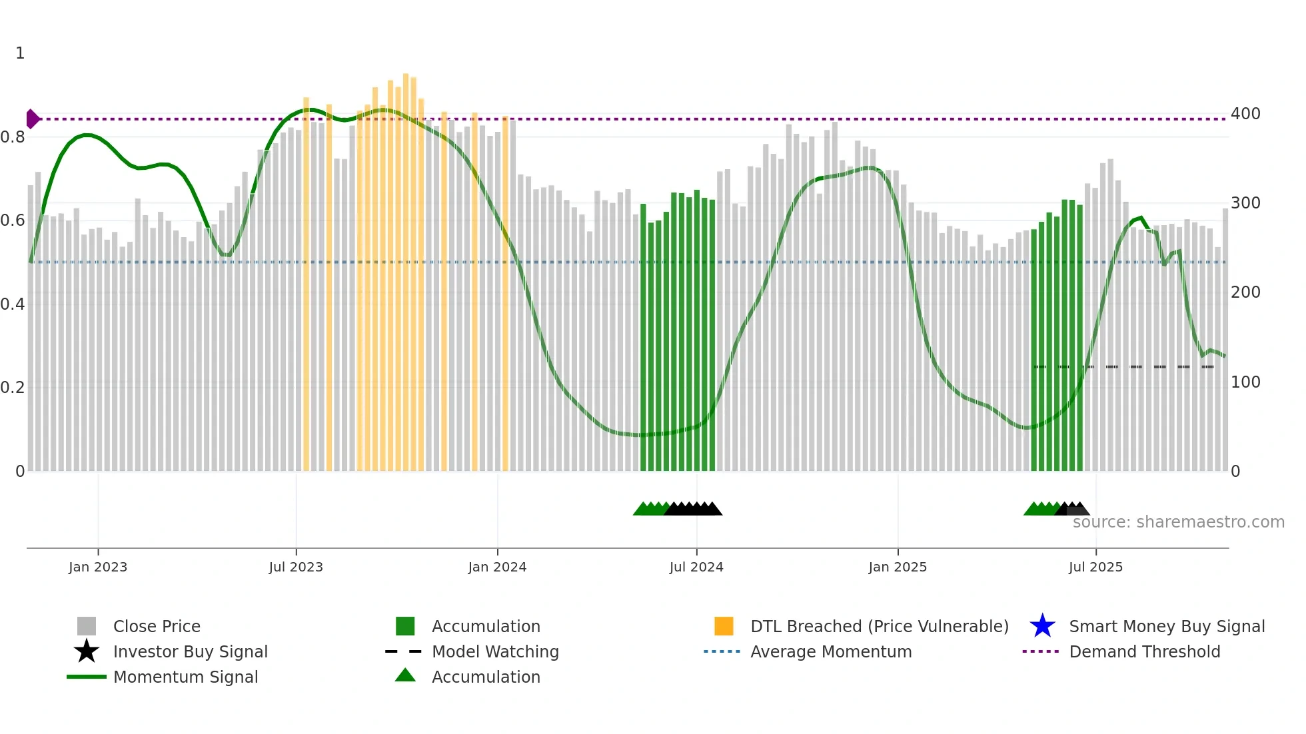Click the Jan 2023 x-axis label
(x=98, y=567)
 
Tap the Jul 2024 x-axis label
(x=696, y=567)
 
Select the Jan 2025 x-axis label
(x=898, y=567)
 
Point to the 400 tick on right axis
(x=1245, y=113)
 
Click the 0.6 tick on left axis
(x=13, y=220)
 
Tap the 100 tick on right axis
(x=1245, y=382)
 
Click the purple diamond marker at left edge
(x=32, y=119)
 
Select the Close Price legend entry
(x=157, y=626)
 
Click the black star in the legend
(x=87, y=651)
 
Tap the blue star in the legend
(x=1042, y=626)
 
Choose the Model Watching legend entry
(x=495, y=651)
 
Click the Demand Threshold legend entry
(x=1144, y=651)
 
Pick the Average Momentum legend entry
(x=831, y=651)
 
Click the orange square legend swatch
(x=724, y=626)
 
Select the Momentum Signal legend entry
(x=185, y=677)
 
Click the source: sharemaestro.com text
(x=1178, y=522)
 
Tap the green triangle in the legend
(x=405, y=676)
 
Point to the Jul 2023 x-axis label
(x=296, y=567)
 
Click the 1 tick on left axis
(x=20, y=53)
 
